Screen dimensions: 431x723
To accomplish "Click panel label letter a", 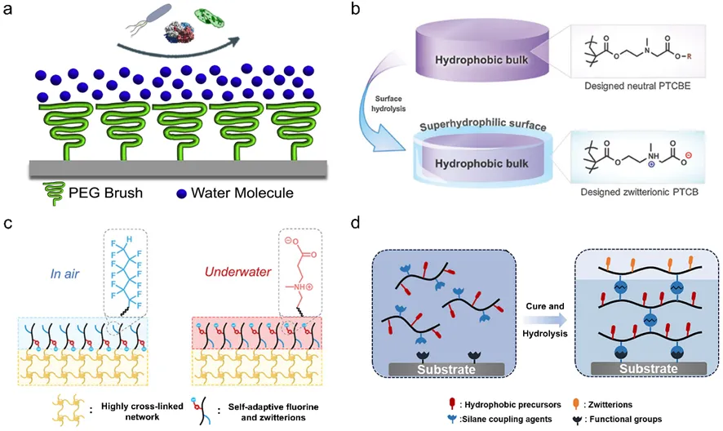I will tap(11, 12).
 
